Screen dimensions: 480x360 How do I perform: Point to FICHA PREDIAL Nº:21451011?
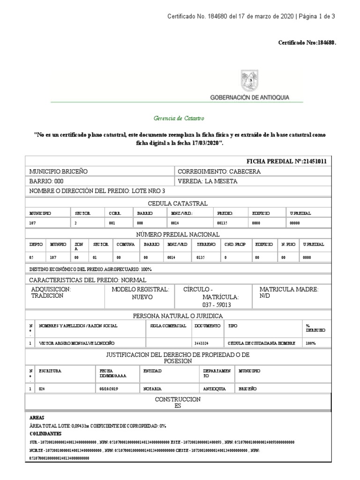[286, 161]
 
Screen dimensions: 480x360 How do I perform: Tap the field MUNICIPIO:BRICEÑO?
[59, 172]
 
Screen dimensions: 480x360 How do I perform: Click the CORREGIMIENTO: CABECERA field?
[219, 172]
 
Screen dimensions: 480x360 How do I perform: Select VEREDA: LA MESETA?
[208, 181]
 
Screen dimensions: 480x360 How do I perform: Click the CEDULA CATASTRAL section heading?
[177, 203]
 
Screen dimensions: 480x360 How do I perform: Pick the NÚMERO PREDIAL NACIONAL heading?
[177, 234]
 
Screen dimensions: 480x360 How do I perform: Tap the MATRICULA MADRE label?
[289, 290]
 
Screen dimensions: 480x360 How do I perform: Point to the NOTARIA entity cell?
[153, 389]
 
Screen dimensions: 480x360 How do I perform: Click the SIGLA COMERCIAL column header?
[168, 325]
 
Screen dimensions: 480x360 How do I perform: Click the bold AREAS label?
[37, 417]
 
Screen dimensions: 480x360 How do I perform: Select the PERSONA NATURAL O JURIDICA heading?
[178, 315]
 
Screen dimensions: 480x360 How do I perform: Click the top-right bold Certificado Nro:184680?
[307, 43]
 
